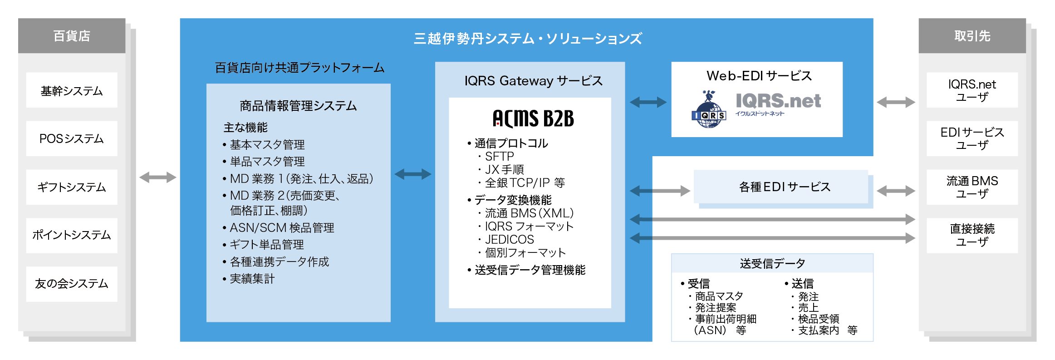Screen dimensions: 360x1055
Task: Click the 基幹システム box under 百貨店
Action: [x=72, y=90]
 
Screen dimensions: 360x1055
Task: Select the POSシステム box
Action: [x=72, y=138]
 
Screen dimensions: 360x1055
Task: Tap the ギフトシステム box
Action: [x=72, y=187]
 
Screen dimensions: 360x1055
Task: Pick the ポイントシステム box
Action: [x=72, y=235]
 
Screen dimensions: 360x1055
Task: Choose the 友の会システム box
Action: [x=72, y=284]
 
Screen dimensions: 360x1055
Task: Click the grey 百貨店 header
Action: [x=72, y=36]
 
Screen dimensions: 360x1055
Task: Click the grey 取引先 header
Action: [x=972, y=36]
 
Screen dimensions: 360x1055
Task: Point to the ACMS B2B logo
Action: [x=533, y=118]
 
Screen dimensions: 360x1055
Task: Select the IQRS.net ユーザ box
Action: [x=972, y=90]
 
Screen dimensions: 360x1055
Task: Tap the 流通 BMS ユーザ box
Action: [x=972, y=187]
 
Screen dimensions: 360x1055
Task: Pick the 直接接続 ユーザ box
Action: [x=972, y=235]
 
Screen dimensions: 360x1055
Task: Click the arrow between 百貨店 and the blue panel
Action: [x=157, y=177]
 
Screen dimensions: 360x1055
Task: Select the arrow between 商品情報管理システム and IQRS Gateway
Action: [x=412, y=174]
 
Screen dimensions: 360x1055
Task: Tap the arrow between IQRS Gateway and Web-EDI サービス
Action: [x=648, y=102]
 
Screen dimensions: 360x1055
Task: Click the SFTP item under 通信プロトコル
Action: [x=499, y=157]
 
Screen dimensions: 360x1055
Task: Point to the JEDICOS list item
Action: [x=509, y=239]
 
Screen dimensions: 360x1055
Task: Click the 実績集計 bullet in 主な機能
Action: [x=252, y=279]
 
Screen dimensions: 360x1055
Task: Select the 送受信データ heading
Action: [x=772, y=263]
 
